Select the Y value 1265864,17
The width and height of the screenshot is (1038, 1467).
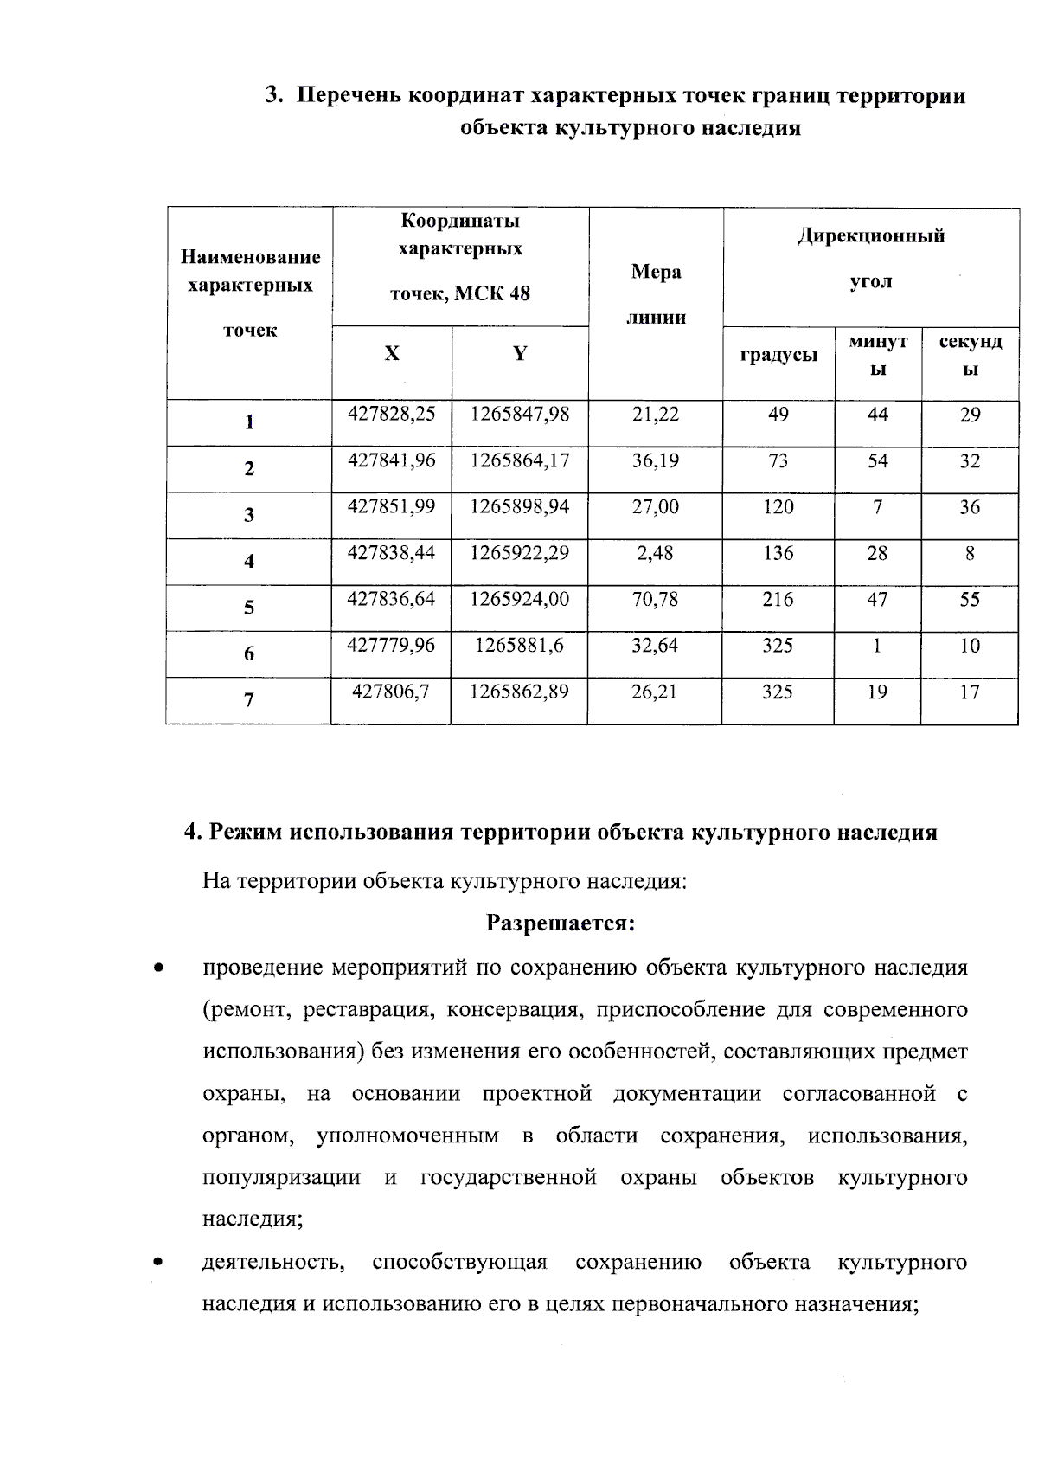tap(519, 460)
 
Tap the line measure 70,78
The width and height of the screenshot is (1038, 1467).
tap(655, 598)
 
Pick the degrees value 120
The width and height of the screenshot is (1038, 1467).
tap(778, 506)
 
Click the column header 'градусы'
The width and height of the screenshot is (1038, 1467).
tap(778, 354)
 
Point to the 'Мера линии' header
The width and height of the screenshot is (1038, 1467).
tap(656, 294)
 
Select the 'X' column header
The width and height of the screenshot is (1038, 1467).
tap(392, 354)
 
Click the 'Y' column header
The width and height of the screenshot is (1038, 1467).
tap(519, 354)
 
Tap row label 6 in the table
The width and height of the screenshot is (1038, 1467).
tap(249, 654)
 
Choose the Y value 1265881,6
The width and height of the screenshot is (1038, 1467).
tap(519, 645)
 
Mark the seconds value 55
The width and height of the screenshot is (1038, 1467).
tap(970, 598)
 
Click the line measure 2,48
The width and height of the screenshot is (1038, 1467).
tap(655, 552)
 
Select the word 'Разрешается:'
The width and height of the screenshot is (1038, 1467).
tap(561, 923)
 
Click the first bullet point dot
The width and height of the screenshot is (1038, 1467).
tap(157, 968)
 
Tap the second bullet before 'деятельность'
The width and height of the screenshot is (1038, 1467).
tap(157, 1263)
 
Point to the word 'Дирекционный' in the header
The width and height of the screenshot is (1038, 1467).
tap(870, 236)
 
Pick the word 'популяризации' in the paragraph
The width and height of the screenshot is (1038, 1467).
tap(281, 1178)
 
